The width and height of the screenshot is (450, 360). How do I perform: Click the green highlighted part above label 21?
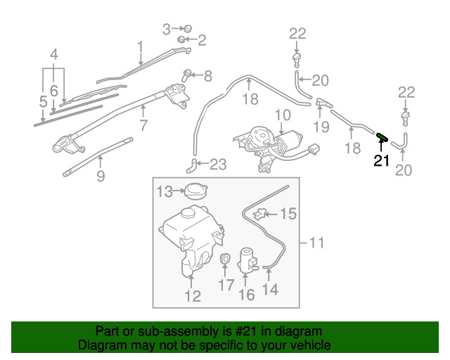pyautogui.click(x=382, y=137)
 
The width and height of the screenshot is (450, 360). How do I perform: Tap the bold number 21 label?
pyautogui.click(x=381, y=161)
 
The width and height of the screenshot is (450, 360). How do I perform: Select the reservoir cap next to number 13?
pyautogui.click(x=193, y=190)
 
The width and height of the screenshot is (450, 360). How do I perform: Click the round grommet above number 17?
pyautogui.click(x=226, y=259)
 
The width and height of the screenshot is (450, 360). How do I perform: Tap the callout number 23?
pyautogui.click(x=218, y=165)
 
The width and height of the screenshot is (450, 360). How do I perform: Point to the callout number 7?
pyautogui.click(x=143, y=127)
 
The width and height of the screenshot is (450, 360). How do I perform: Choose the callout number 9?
pyautogui.click(x=101, y=176)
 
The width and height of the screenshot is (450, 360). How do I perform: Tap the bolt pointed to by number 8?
pyautogui.click(x=188, y=74)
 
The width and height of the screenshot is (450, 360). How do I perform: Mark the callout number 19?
pyautogui.click(x=321, y=127)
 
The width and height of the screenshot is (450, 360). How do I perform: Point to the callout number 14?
pyautogui.click(x=270, y=288)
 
